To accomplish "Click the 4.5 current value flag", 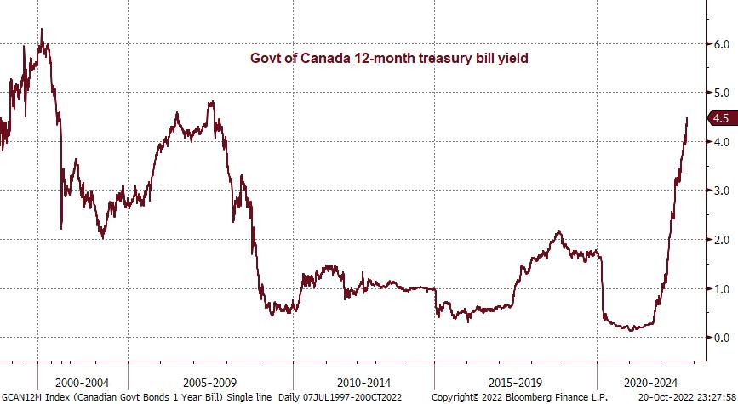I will click(721, 118).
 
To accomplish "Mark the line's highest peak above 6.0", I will click(42, 30).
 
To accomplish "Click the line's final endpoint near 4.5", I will click(687, 118).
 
